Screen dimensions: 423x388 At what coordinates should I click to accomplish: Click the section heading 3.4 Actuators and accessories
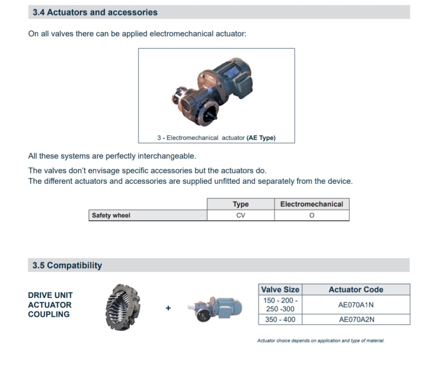tap(95, 13)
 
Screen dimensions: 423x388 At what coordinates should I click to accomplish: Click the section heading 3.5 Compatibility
tap(67, 265)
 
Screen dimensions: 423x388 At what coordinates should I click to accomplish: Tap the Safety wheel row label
tap(111, 216)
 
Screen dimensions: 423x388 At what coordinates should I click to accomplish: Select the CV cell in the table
tap(241, 216)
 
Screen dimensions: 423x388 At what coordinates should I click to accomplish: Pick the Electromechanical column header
tap(312, 204)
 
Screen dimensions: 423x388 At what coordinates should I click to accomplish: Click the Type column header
tap(241, 204)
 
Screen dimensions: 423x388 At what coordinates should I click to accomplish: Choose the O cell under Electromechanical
tap(312, 216)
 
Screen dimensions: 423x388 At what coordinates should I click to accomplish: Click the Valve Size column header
tap(280, 290)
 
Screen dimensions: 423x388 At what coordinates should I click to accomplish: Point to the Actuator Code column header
tap(356, 290)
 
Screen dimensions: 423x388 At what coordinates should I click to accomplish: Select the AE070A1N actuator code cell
tap(356, 305)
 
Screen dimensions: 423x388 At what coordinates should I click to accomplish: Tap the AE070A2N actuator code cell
tap(356, 319)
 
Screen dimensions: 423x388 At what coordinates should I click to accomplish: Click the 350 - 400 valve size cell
tap(280, 319)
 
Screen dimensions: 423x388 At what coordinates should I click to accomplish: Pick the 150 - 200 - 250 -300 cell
tap(280, 305)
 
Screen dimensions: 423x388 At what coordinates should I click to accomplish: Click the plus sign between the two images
tap(168, 308)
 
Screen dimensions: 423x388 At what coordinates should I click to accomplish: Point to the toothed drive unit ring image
tap(123, 307)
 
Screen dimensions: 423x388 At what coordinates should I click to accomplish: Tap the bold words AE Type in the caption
tap(261, 138)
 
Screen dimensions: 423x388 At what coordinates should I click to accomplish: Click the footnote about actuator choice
tap(321, 341)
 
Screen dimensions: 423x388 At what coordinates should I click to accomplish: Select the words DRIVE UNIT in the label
tap(50, 295)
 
